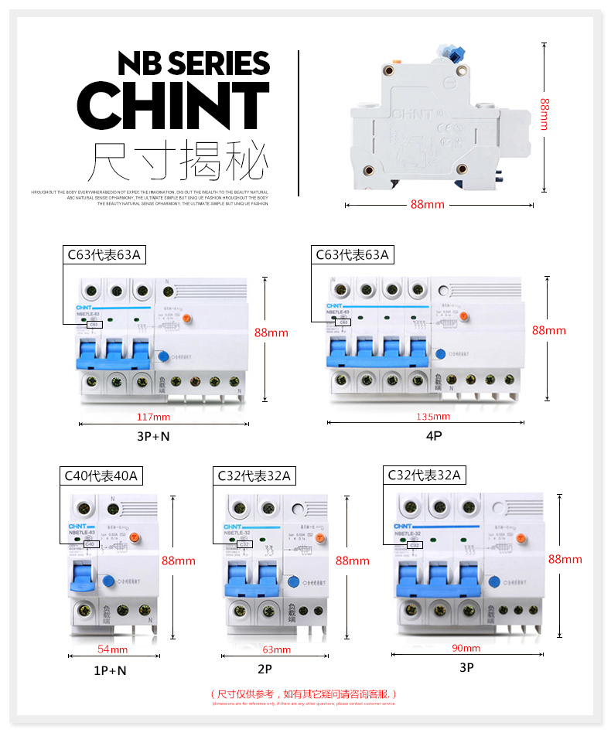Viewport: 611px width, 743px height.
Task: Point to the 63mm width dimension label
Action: (276, 649)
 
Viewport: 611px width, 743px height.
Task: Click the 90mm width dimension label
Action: (466, 648)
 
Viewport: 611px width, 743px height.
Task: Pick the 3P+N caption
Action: (153, 436)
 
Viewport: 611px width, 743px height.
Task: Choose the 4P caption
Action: (433, 436)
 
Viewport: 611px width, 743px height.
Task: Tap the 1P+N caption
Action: (110, 670)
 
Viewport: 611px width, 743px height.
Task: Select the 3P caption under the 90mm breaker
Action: (466, 667)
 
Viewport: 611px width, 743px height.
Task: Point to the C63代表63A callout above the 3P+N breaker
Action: (104, 254)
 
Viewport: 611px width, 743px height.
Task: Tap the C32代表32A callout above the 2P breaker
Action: (254, 476)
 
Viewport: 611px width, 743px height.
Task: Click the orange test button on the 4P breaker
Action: (463, 315)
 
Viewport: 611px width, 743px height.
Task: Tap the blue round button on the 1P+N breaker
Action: (109, 581)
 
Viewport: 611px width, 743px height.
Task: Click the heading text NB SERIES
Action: (193, 63)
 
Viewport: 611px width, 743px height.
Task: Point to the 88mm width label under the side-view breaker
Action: (427, 205)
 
